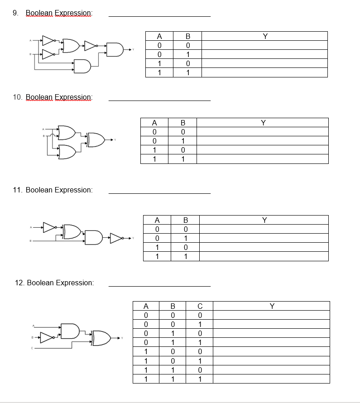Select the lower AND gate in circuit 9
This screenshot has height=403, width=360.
point(82,67)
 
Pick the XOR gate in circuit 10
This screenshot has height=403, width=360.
point(96,140)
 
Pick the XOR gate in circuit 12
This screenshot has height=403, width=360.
point(101,338)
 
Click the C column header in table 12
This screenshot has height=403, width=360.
point(200,306)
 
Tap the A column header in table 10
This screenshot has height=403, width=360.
point(154,122)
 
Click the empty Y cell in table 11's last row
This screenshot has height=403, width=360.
point(264,257)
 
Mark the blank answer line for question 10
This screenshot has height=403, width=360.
point(159,101)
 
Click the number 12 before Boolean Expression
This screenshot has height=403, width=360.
point(19,283)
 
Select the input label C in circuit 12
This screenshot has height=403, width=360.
point(33,348)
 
